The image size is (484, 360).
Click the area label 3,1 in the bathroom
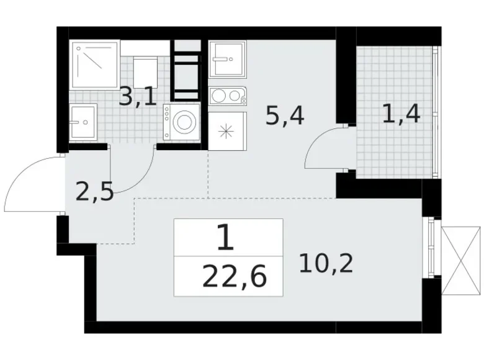[x=138, y=97]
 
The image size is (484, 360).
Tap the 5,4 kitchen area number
[x=285, y=116]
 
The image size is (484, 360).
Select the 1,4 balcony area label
[x=401, y=114]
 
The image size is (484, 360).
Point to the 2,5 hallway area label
[x=95, y=192]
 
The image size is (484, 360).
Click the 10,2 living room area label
[x=326, y=263]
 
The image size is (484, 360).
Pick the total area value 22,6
[x=235, y=277]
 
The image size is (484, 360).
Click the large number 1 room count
[x=226, y=237]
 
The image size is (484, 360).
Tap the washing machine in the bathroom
[x=181, y=121]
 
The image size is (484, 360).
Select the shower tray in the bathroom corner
[x=95, y=65]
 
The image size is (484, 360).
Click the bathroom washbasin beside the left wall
[x=83, y=121]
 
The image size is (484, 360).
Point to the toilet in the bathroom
[x=145, y=73]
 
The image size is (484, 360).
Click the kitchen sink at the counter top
[x=228, y=59]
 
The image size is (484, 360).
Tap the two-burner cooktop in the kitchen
[x=228, y=96]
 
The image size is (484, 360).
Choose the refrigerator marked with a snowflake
[x=228, y=131]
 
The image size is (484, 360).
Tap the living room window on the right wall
[x=431, y=247]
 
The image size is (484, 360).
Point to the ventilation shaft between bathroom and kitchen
[x=186, y=70]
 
